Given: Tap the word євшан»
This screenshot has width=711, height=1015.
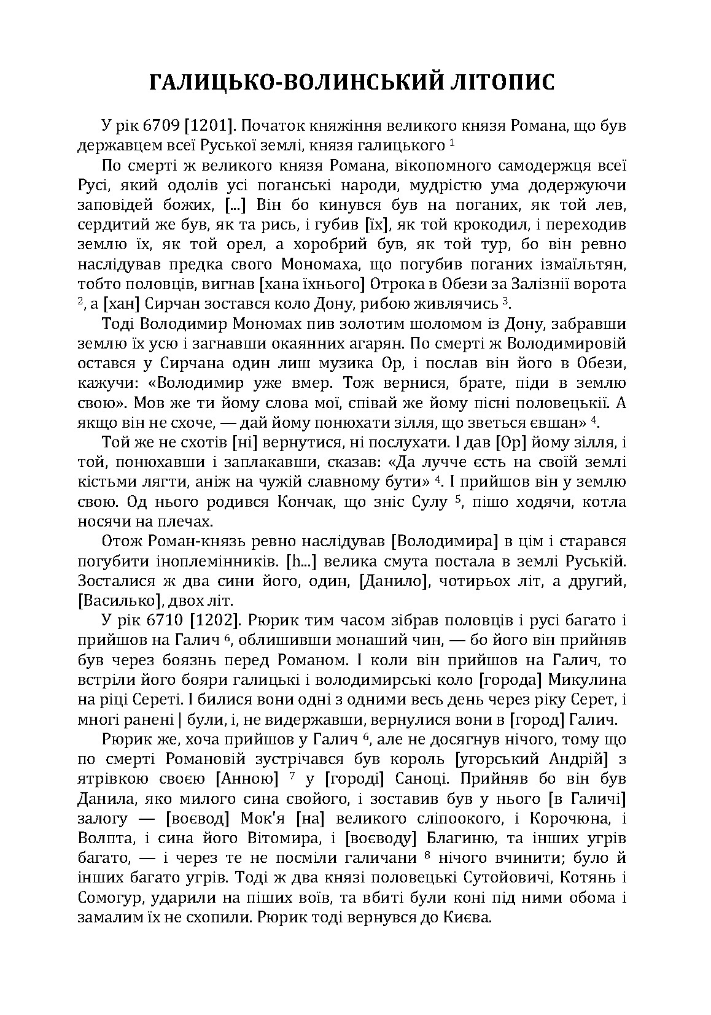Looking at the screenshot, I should point(562,423).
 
